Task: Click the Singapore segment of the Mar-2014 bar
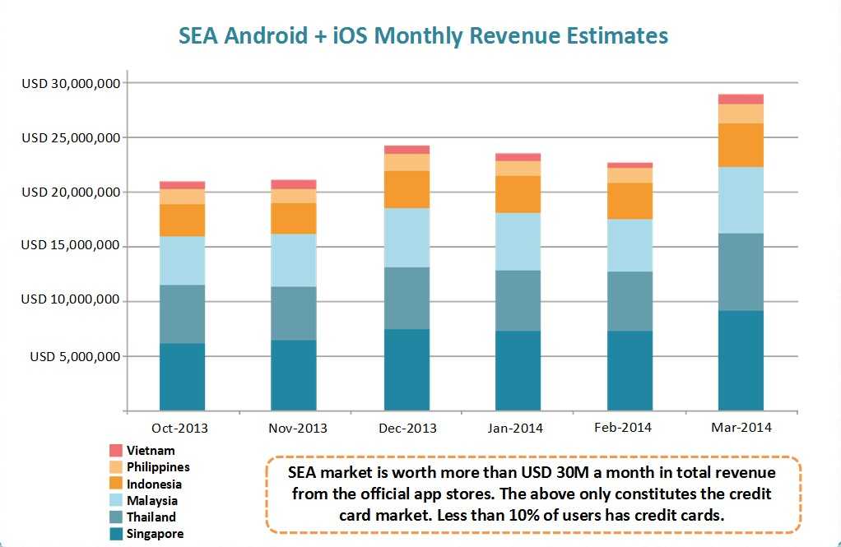pyautogui.click(x=741, y=360)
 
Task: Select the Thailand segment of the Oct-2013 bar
pyautogui.click(x=182, y=314)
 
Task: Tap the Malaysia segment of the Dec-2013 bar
pyautogui.click(x=407, y=238)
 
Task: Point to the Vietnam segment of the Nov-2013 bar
pyautogui.click(x=294, y=184)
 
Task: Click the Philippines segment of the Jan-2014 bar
pyautogui.click(x=518, y=169)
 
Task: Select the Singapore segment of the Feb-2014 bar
pyautogui.click(x=630, y=370)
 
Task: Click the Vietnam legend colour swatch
pyautogui.click(x=116, y=451)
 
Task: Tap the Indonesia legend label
pyautogui.click(x=154, y=484)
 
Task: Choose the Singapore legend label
pyautogui.click(x=155, y=534)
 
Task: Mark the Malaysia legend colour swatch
pyautogui.click(x=116, y=500)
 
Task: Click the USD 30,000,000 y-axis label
pyautogui.click(x=72, y=83)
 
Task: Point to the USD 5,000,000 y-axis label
pyautogui.click(x=76, y=356)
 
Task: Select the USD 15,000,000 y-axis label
pyautogui.click(x=72, y=246)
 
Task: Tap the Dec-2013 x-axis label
pyautogui.click(x=409, y=428)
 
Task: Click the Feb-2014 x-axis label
pyautogui.click(x=623, y=427)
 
